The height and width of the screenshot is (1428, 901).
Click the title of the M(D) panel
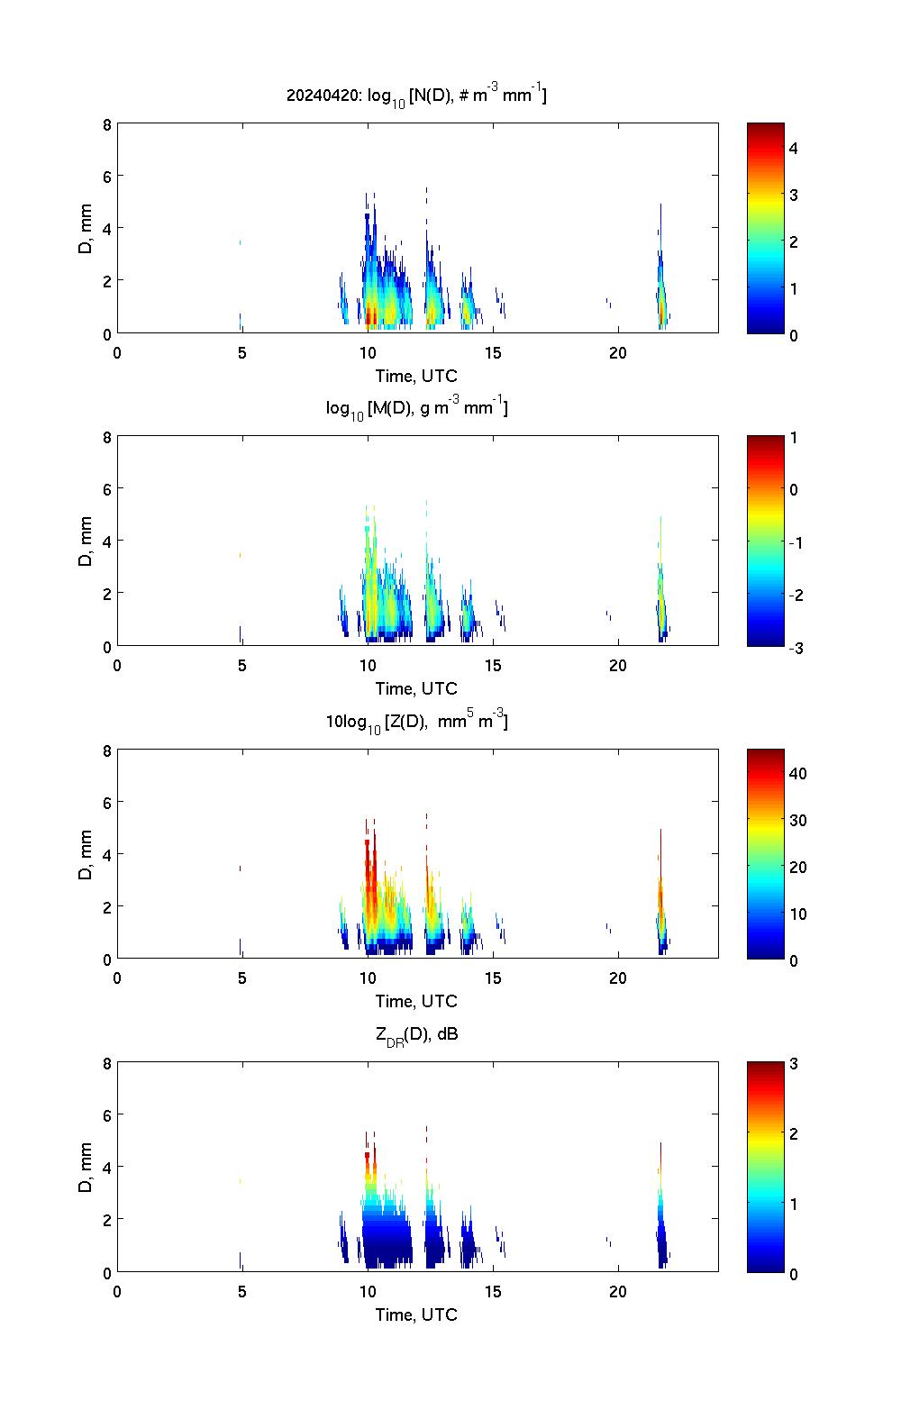(416, 408)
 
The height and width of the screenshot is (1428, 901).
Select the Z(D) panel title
(416, 721)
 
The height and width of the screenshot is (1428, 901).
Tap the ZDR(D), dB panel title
(416, 1034)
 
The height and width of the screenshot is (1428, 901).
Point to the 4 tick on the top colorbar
(794, 148)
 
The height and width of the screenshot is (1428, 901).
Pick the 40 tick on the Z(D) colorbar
(797, 773)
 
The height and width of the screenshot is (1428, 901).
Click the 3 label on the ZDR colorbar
(794, 1064)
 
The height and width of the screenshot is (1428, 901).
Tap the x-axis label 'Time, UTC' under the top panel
(416, 376)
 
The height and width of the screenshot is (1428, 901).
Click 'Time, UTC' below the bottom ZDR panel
(416, 1314)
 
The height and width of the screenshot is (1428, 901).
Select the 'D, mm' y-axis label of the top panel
(86, 228)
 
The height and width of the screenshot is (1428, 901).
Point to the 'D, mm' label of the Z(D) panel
(86, 854)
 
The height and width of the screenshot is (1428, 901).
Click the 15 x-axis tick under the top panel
(493, 353)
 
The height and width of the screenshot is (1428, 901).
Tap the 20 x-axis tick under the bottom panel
(618, 1292)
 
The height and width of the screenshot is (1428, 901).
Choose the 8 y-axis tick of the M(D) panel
(107, 437)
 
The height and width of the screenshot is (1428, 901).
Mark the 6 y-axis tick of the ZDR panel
(107, 1114)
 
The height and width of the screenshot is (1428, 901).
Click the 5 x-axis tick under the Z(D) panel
(242, 979)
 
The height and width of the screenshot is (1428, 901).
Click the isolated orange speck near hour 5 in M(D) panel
(240, 555)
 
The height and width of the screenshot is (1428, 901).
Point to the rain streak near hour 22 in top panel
(661, 288)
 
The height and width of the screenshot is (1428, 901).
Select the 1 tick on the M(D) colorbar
(794, 438)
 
